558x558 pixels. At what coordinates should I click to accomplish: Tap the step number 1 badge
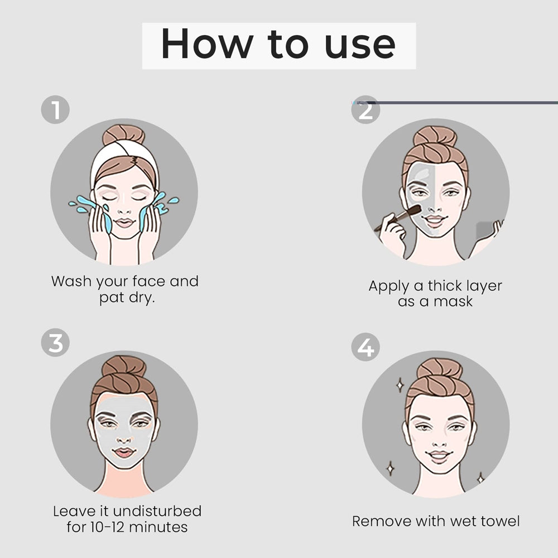[55, 110]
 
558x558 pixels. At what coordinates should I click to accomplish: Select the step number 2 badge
[365, 110]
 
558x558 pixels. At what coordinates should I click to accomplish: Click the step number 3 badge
[55, 343]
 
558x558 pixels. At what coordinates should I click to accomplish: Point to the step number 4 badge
[365, 347]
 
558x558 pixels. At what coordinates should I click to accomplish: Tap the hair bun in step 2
[435, 136]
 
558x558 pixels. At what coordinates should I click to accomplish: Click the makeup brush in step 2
[399, 218]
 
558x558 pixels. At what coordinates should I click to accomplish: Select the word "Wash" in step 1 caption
[71, 281]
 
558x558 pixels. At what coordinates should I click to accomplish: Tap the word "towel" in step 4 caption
[498, 521]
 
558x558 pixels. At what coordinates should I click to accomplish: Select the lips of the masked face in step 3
[124, 452]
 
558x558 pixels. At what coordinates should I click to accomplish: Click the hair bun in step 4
[439, 368]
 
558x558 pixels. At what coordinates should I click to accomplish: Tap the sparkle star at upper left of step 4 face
[400, 384]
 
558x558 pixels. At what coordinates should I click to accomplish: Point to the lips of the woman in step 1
[124, 222]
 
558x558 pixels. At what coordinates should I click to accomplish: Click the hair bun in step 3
[124, 366]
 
